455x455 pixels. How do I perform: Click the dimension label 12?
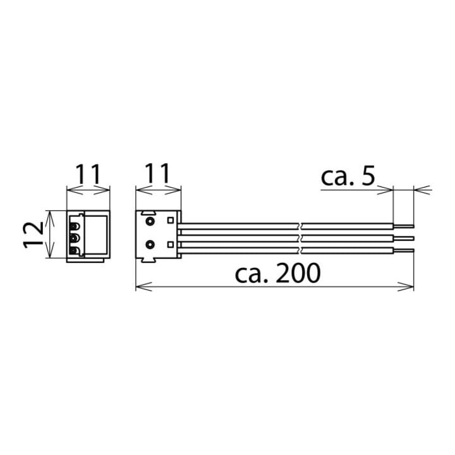point(33,234)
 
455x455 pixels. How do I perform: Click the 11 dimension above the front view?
point(88,174)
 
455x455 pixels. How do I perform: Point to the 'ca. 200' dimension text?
point(277,273)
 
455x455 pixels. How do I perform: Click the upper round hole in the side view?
point(150,222)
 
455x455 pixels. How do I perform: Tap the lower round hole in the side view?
point(150,245)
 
